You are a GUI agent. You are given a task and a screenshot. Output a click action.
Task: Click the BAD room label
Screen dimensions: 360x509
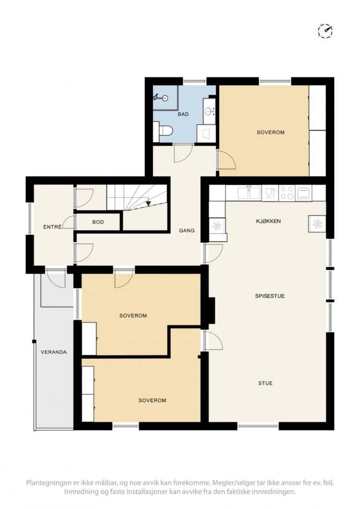coord(183,114)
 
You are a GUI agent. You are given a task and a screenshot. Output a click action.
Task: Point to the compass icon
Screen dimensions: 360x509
coord(326,31)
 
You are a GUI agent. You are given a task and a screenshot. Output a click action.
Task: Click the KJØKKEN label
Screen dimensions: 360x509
coord(269,221)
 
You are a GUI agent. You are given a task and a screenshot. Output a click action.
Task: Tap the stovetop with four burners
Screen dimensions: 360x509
coord(287,193)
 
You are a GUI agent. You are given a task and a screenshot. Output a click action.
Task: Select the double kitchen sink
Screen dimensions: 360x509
coord(249,193)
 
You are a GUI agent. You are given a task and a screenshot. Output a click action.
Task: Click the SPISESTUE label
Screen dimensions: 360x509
coord(270,296)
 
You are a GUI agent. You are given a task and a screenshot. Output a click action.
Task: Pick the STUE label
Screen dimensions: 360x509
coord(265,383)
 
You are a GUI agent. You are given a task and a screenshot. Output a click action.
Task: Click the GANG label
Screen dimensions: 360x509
coord(187,231)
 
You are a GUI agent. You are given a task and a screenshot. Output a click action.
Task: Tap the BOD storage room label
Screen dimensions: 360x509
coord(98,222)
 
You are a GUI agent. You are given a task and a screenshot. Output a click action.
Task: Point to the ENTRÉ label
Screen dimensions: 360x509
coord(52,227)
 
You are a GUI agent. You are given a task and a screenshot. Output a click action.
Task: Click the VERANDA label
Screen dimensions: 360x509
coord(54,352)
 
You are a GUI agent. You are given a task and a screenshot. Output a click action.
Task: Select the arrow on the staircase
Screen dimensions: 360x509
coord(148,203)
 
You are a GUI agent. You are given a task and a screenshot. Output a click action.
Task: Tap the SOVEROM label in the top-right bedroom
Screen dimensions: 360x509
coord(270,132)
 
